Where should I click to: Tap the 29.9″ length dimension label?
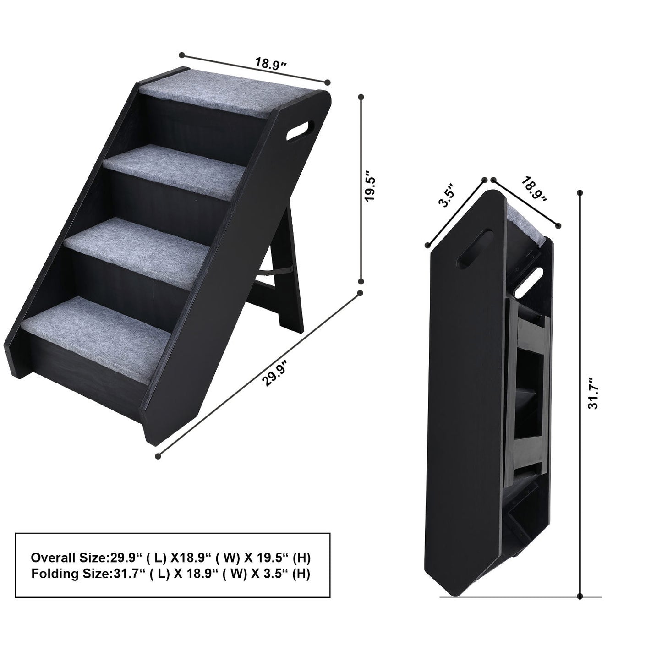click(275, 372)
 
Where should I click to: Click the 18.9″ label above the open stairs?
click(271, 64)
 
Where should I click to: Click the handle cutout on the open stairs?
click(300, 131)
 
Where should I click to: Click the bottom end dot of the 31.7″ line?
click(580, 597)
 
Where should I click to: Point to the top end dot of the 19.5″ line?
click(361, 97)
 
